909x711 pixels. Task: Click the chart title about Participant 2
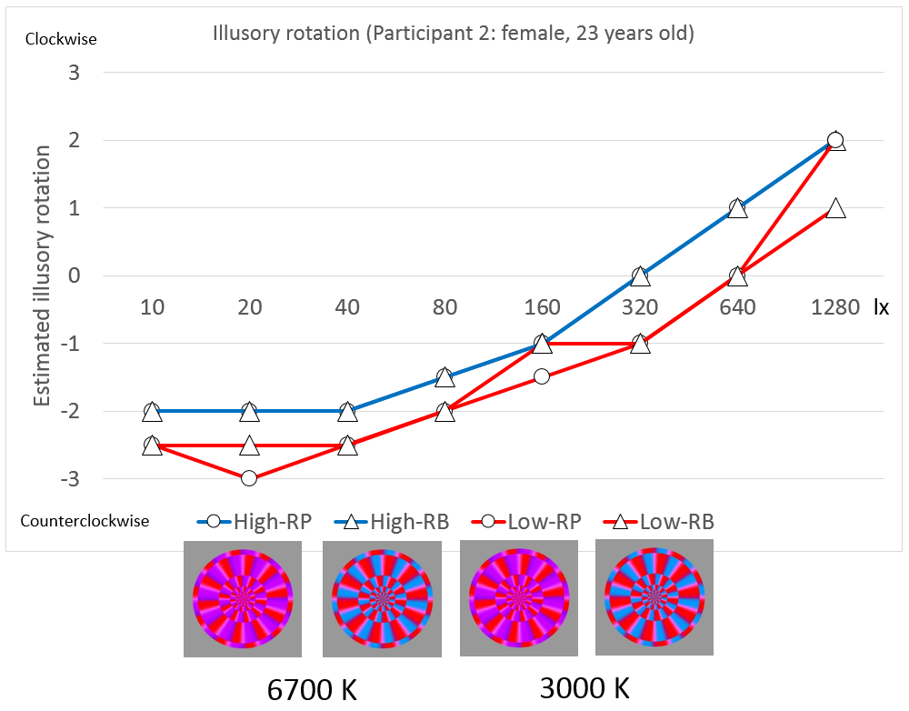(453, 35)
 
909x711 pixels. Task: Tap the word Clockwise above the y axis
(61, 39)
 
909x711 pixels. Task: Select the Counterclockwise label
(85, 521)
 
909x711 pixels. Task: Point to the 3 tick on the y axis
(74, 73)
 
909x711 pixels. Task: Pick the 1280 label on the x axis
(835, 307)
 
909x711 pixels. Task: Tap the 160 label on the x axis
(542, 307)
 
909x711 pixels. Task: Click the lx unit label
(881, 307)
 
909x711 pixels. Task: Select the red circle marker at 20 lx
(249, 478)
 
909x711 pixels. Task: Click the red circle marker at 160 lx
(543, 376)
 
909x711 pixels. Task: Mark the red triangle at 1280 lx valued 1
(835, 208)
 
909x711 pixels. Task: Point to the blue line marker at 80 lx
(445, 377)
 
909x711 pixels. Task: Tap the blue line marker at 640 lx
(737, 208)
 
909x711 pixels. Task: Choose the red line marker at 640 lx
(737, 275)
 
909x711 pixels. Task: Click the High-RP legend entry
(254, 521)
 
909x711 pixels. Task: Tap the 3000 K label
(584, 688)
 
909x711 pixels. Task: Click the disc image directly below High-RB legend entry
(381, 599)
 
